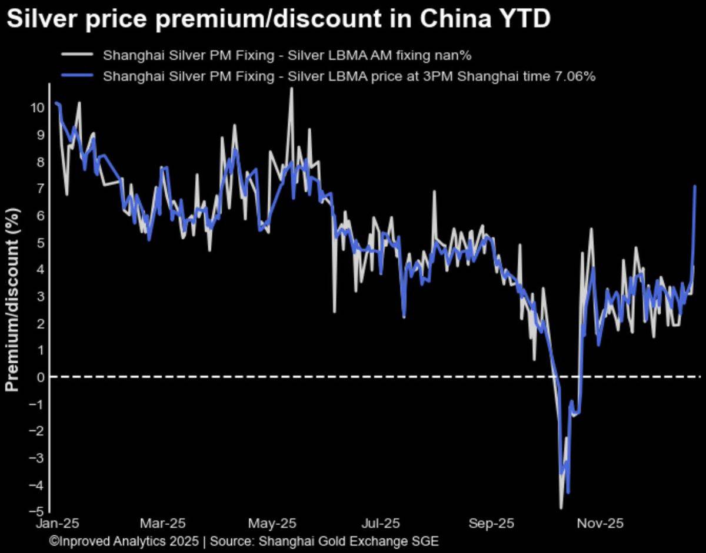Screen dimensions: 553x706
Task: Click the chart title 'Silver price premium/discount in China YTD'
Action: coord(278,19)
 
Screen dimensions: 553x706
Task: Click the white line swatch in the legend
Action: coord(76,55)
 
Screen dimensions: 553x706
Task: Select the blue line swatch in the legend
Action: coord(76,76)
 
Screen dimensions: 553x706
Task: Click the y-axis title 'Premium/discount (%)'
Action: coord(13,300)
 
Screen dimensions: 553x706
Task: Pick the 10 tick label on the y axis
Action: coord(37,108)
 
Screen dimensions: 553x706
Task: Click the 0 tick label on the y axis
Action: coord(41,377)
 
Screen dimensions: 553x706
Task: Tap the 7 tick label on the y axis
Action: coord(41,188)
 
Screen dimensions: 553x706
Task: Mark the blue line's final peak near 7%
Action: coord(695,186)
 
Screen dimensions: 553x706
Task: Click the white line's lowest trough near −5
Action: coord(561,507)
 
